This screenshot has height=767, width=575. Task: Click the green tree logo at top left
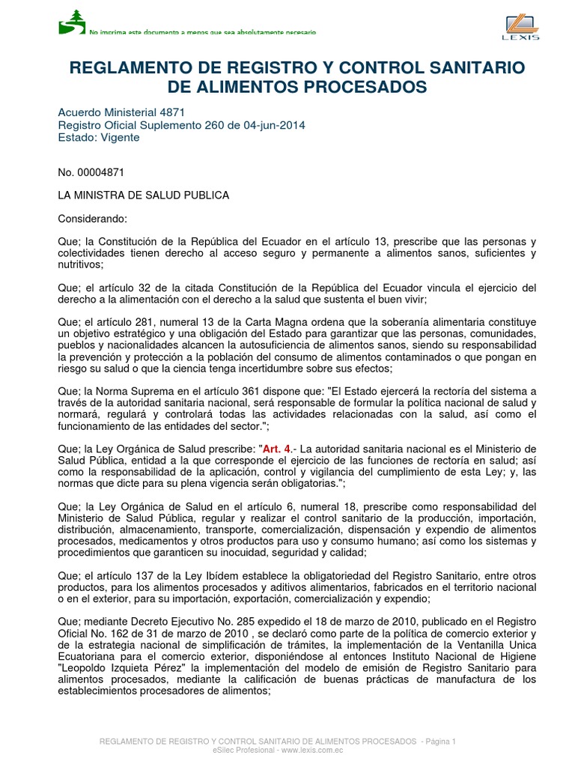[x=72, y=22]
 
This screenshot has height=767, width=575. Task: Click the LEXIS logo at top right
[x=517, y=25]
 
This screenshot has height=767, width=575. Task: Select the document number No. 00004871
[x=91, y=172]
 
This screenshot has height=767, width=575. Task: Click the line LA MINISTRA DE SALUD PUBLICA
[x=144, y=195]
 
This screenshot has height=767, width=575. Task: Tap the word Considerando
[x=93, y=219]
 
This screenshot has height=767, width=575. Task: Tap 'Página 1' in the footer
[x=439, y=741]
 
